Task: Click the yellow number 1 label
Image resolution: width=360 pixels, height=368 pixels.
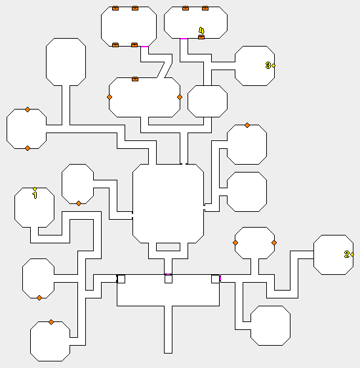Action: point(35,195)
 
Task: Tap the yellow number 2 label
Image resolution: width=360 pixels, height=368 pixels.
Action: point(347,254)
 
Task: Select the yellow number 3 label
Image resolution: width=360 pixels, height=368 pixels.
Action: point(268,65)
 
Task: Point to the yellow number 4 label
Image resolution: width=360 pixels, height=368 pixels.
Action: point(201,31)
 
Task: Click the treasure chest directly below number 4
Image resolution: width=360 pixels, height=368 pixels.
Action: point(201,37)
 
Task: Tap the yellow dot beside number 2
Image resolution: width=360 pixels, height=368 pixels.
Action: point(352,255)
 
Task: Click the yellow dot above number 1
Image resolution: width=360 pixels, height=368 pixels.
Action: point(35,189)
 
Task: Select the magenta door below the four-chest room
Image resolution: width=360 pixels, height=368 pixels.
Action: point(144,47)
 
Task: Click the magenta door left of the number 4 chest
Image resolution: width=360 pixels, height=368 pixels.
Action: point(184,39)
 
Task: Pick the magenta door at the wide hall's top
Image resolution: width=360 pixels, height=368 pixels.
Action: point(168,274)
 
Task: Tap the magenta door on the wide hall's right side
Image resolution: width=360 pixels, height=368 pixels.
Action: point(220,278)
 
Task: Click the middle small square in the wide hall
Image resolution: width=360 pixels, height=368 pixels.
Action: point(169,279)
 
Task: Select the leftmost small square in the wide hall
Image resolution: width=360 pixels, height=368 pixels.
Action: point(121,279)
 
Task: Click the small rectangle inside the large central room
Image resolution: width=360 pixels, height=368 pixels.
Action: point(169,247)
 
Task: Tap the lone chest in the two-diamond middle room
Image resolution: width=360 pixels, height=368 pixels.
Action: point(135,79)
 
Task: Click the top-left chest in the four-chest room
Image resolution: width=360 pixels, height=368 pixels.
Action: point(115,9)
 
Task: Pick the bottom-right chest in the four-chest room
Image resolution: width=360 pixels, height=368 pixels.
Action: point(134,45)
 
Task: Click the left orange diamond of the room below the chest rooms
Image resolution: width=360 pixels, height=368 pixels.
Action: point(110,97)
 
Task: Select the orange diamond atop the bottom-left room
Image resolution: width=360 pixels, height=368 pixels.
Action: point(51,322)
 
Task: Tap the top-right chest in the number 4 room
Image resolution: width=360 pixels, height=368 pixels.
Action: point(205,9)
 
